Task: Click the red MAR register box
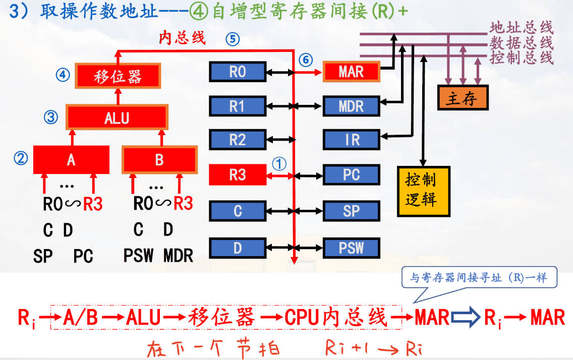351,72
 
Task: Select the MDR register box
351,106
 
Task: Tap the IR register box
351,140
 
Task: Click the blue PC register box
351,175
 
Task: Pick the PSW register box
351,248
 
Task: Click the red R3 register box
237,175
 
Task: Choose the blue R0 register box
237,72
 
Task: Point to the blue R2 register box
237,140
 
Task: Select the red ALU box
117,118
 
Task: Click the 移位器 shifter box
118,76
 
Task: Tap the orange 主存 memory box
463,98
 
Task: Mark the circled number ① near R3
279,163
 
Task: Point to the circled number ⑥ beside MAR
305,60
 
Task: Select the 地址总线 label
521,27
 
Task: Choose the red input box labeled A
71,160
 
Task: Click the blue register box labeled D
237,248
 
